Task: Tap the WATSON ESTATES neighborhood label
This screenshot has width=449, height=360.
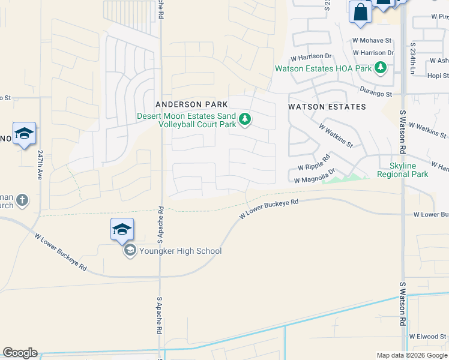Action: [x=327, y=107]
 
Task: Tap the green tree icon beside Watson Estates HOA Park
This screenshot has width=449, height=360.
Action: [x=380, y=68]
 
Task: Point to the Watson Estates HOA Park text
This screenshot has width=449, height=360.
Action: [x=324, y=68]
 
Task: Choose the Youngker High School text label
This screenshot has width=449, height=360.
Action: [x=180, y=251]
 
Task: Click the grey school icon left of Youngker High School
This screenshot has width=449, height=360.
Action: [x=130, y=251]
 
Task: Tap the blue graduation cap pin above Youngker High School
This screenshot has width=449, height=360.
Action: [x=122, y=229]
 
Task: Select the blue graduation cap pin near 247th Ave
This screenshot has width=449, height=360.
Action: [x=24, y=134]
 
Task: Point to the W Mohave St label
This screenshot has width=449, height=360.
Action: [x=372, y=41]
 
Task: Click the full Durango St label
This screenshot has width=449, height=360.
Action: [x=376, y=94]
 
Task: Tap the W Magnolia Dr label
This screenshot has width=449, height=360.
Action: [x=314, y=176]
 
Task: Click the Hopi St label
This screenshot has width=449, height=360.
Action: [x=437, y=76]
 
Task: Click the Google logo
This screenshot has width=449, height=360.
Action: [x=20, y=353]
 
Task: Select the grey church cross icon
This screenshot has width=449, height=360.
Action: [x=22, y=200]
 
